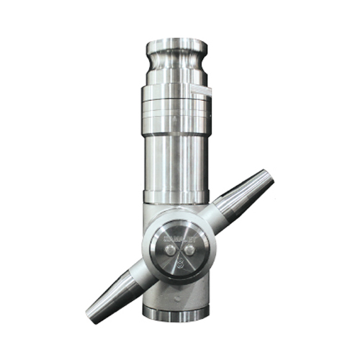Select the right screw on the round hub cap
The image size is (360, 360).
pyautogui.click(x=189, y=250)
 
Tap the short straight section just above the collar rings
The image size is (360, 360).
pyautogui.click(x=176, y=88)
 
